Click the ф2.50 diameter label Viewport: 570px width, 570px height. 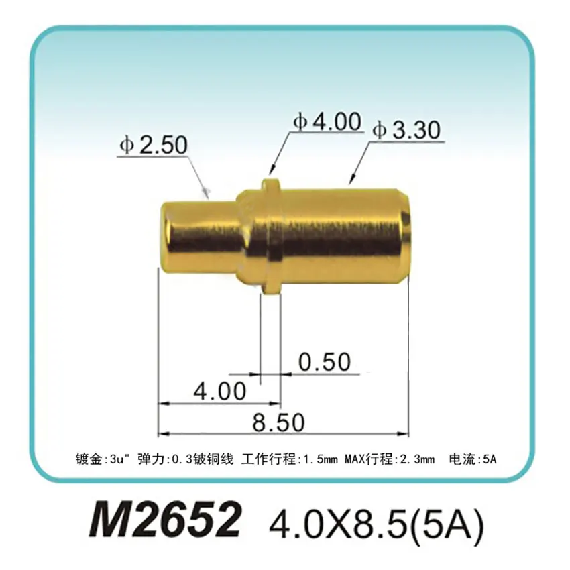pyautogui.click(x=153, y=145)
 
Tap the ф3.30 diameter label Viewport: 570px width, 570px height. pyautogui.click(x=407, y=130)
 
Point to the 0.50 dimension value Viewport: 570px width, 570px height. pyautogui.click(x=325, y=362)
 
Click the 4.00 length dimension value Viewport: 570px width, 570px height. pyautogui.click(x=219, y=390)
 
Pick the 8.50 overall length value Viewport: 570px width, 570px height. pyautogui.click(x=278, y=422)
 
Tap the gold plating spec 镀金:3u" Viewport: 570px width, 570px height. pyautogui.click(x=102, y=460)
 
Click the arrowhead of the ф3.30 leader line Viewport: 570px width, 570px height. pyautogui.click(x=350, y=180)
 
